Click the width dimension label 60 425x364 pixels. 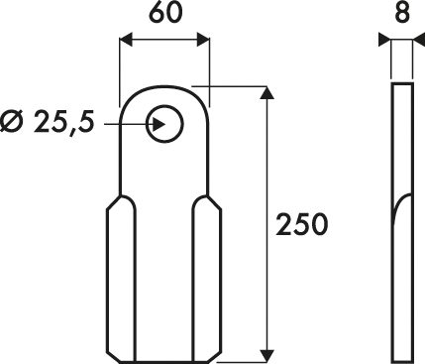click(x=165, y=13)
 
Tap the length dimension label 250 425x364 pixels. click(x=302, y=225)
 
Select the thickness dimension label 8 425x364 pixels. click(x=402, y=13)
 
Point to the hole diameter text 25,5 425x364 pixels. click(x=63, y=121)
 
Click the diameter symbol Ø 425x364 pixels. click(x=12, y=121)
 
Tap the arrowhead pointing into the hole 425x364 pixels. click(x=159, y=124)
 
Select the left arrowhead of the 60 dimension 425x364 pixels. click(x=126, y=40)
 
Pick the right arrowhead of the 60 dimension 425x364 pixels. click(x=203, y=40)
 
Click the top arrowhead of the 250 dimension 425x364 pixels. click(x=266, y=92)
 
